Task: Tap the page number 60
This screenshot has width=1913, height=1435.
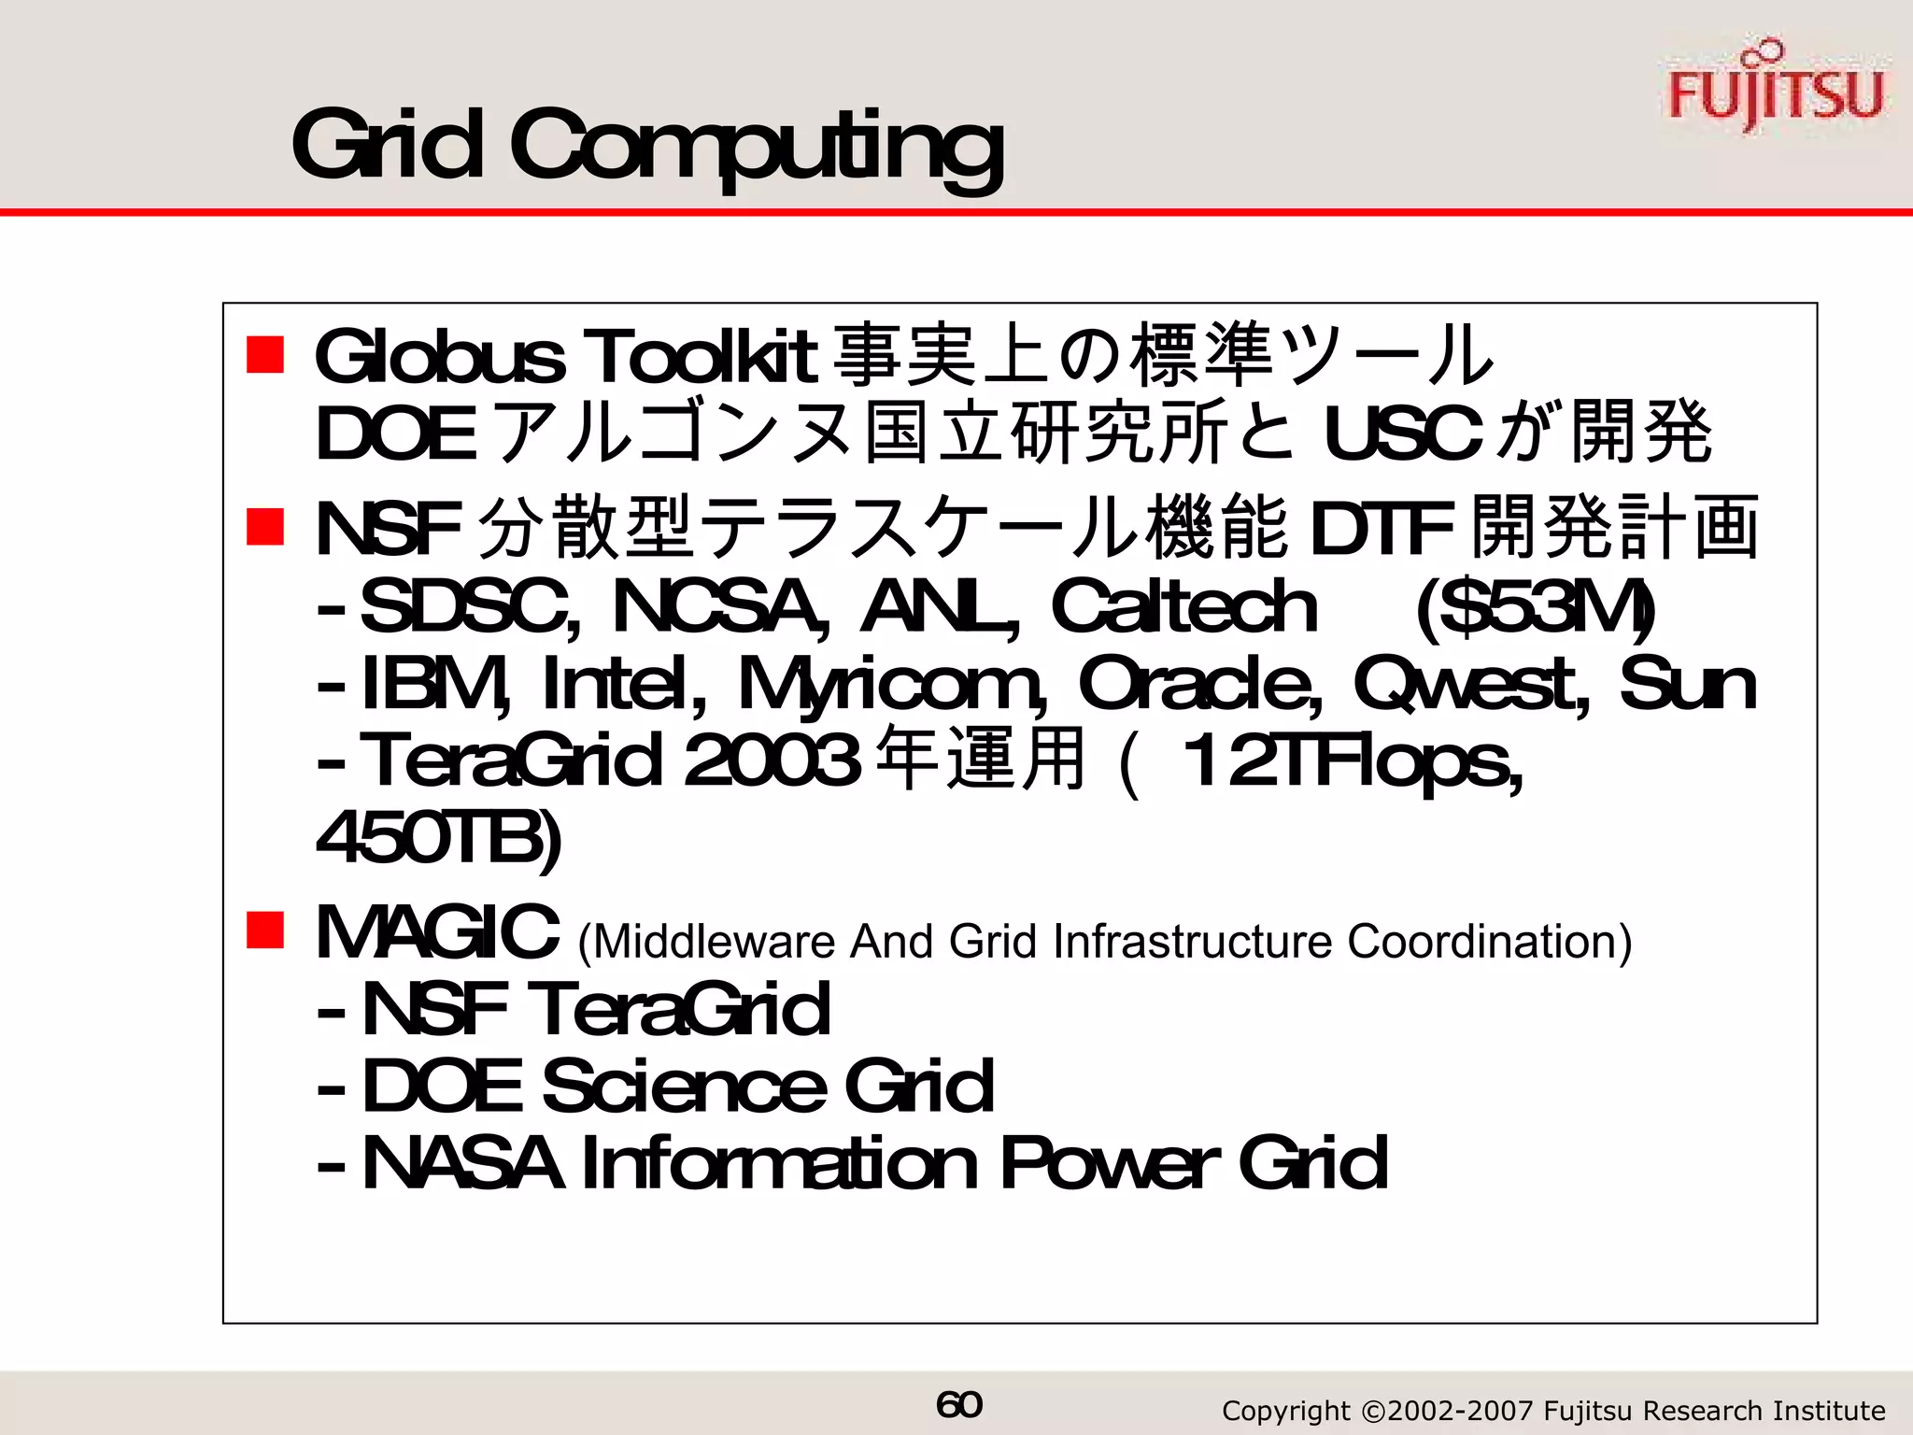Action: point(958,1404)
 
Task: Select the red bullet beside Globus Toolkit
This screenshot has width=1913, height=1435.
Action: point(265,355)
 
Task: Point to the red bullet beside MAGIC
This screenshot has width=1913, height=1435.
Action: point(265,931)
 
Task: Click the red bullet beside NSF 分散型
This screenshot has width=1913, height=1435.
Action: point(265,526)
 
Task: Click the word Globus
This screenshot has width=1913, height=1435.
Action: point(440,357)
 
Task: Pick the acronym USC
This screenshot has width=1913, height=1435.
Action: point(1402,434)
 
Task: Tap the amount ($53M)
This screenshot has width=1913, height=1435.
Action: point(1536,607)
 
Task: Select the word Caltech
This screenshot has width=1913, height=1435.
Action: point(1183,607)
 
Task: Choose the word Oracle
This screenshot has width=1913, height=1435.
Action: point(1200,684)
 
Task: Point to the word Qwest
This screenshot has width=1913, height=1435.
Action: point(1471,684)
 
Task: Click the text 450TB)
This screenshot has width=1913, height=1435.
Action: point(439,839)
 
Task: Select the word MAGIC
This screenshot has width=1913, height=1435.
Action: point(438,932)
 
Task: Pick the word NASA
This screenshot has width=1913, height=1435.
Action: point(462,1164)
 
